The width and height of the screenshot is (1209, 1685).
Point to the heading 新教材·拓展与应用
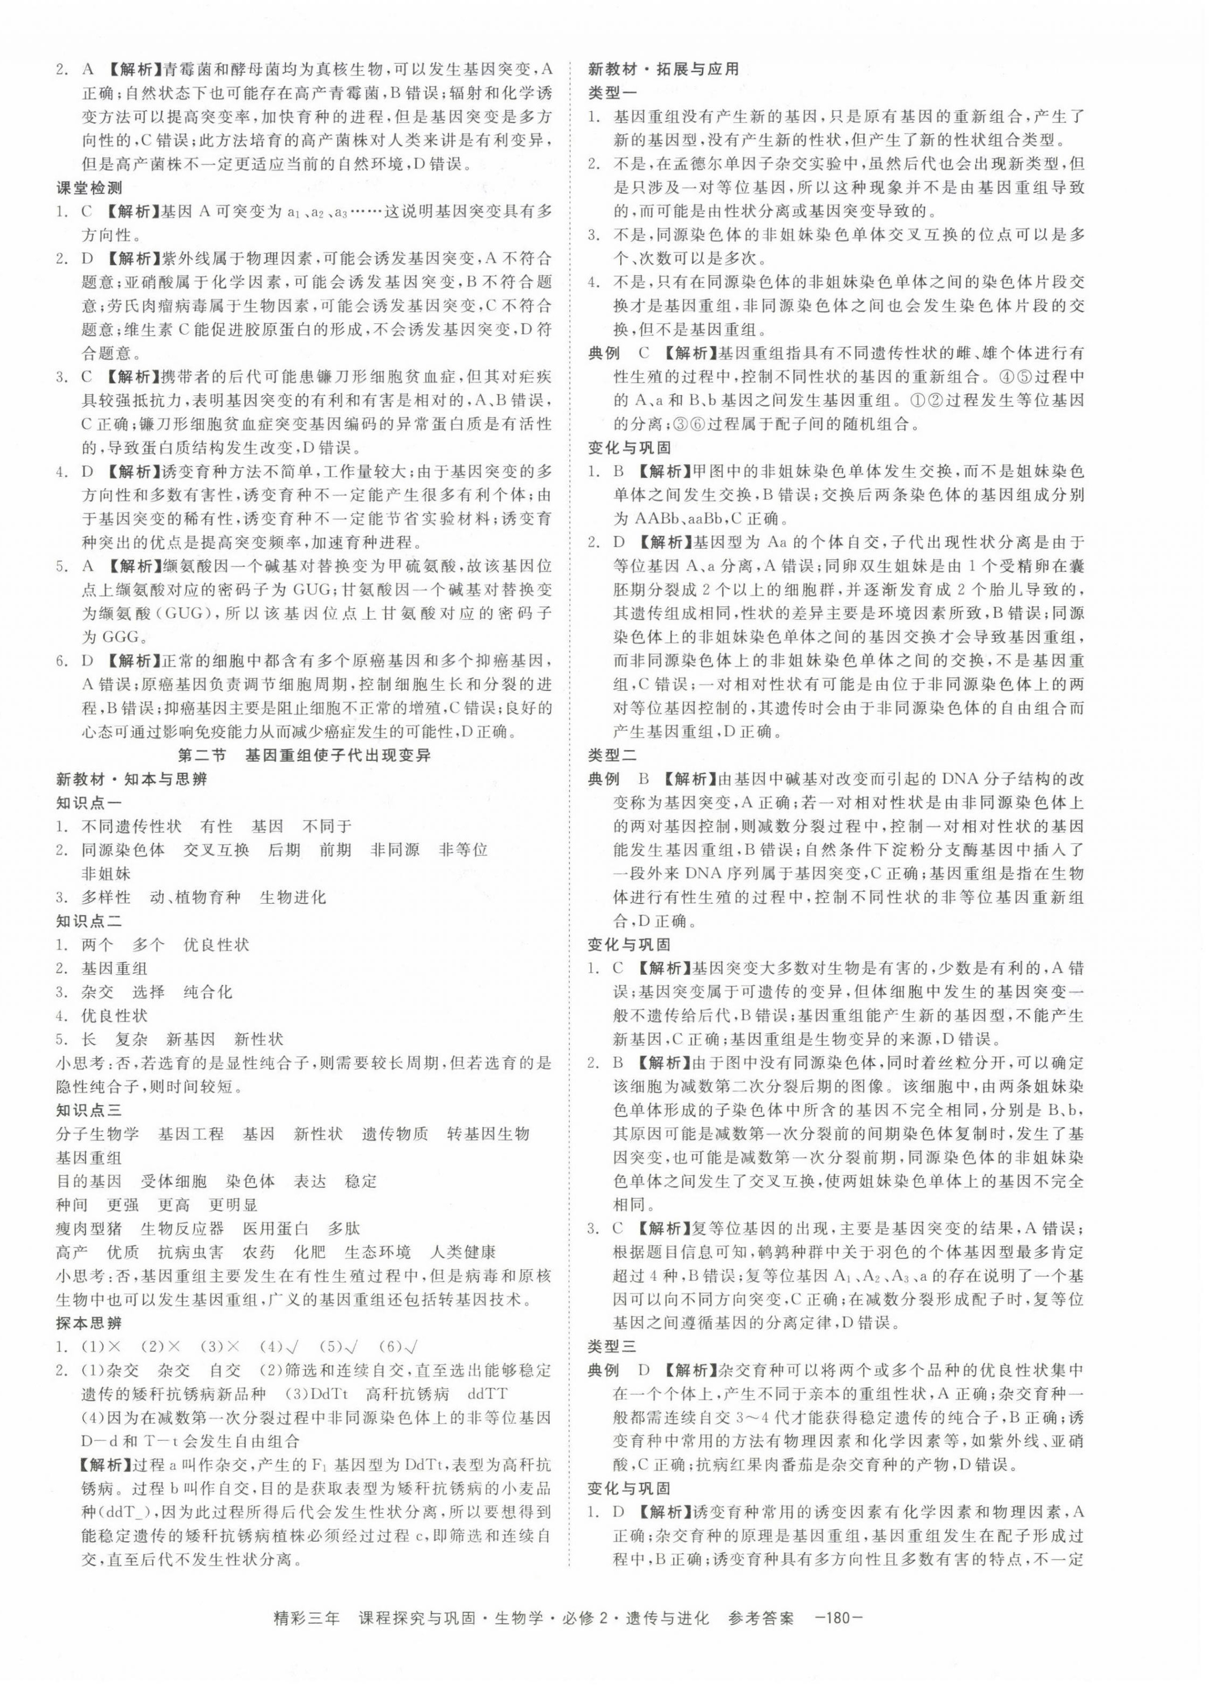pos(664,69)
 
